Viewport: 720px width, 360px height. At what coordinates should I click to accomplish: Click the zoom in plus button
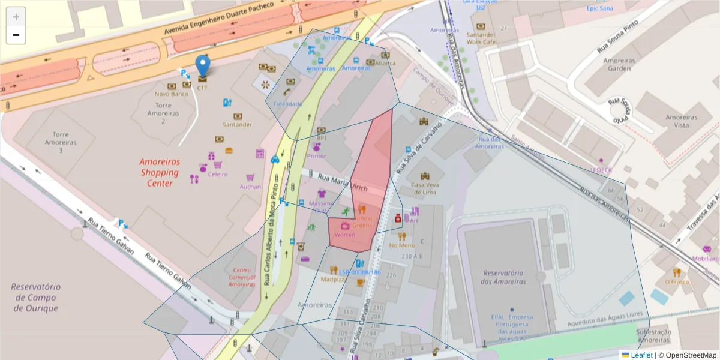tap(16, 17)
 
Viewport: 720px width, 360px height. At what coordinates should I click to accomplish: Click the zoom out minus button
tap(16, 35)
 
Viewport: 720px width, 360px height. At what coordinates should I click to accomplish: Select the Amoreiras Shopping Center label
tap(160, 172)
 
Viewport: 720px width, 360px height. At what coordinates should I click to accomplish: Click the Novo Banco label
tap(172, 94)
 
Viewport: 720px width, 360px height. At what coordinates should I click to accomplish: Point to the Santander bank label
tap(238, 125)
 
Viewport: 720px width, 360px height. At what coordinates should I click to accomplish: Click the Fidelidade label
tap(287, 104)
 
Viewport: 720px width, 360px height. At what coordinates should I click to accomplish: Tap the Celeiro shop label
tap(218, 174)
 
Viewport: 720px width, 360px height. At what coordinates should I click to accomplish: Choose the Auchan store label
tap(250, 187)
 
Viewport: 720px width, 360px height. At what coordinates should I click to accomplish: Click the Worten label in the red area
tap(345, 235)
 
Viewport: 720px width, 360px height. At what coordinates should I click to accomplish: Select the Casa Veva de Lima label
tap(425, 188)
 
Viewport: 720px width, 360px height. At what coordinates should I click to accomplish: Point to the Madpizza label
tap(333, 279)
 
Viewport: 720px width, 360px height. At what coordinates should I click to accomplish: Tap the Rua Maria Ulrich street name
tap(343, 182)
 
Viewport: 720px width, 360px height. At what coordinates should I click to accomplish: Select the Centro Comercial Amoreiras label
tap(242, 277)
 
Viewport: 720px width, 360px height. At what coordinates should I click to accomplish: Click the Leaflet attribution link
tap(641, 355)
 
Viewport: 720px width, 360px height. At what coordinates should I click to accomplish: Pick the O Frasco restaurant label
tap(677, 282)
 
